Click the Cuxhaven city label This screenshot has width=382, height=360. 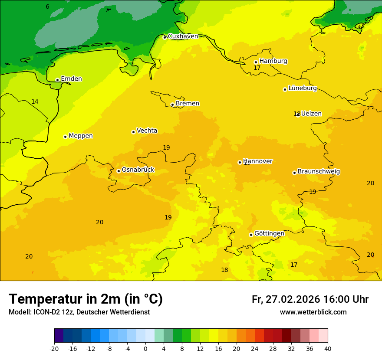183,36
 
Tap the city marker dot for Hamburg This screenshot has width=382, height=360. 256,62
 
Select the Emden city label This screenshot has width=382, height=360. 71,79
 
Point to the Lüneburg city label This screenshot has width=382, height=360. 302,88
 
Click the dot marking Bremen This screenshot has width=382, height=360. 172,105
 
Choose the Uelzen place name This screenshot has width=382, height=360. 311,114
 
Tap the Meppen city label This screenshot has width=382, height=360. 81,136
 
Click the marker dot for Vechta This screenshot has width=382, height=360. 133,132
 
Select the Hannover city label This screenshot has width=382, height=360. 257,161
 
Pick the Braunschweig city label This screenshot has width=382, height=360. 319,172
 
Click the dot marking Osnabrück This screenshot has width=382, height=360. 119,171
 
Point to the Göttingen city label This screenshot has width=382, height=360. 269,233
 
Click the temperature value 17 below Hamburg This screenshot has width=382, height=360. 257,68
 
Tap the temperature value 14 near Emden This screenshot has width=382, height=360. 35,102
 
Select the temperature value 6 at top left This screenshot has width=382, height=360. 47,7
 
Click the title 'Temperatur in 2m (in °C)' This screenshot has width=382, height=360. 86,299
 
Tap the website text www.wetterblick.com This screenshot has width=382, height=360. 313,312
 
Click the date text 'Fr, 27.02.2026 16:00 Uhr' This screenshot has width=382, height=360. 310,299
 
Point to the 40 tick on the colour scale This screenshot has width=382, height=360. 327,349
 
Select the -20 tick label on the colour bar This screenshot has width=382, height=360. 54,349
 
